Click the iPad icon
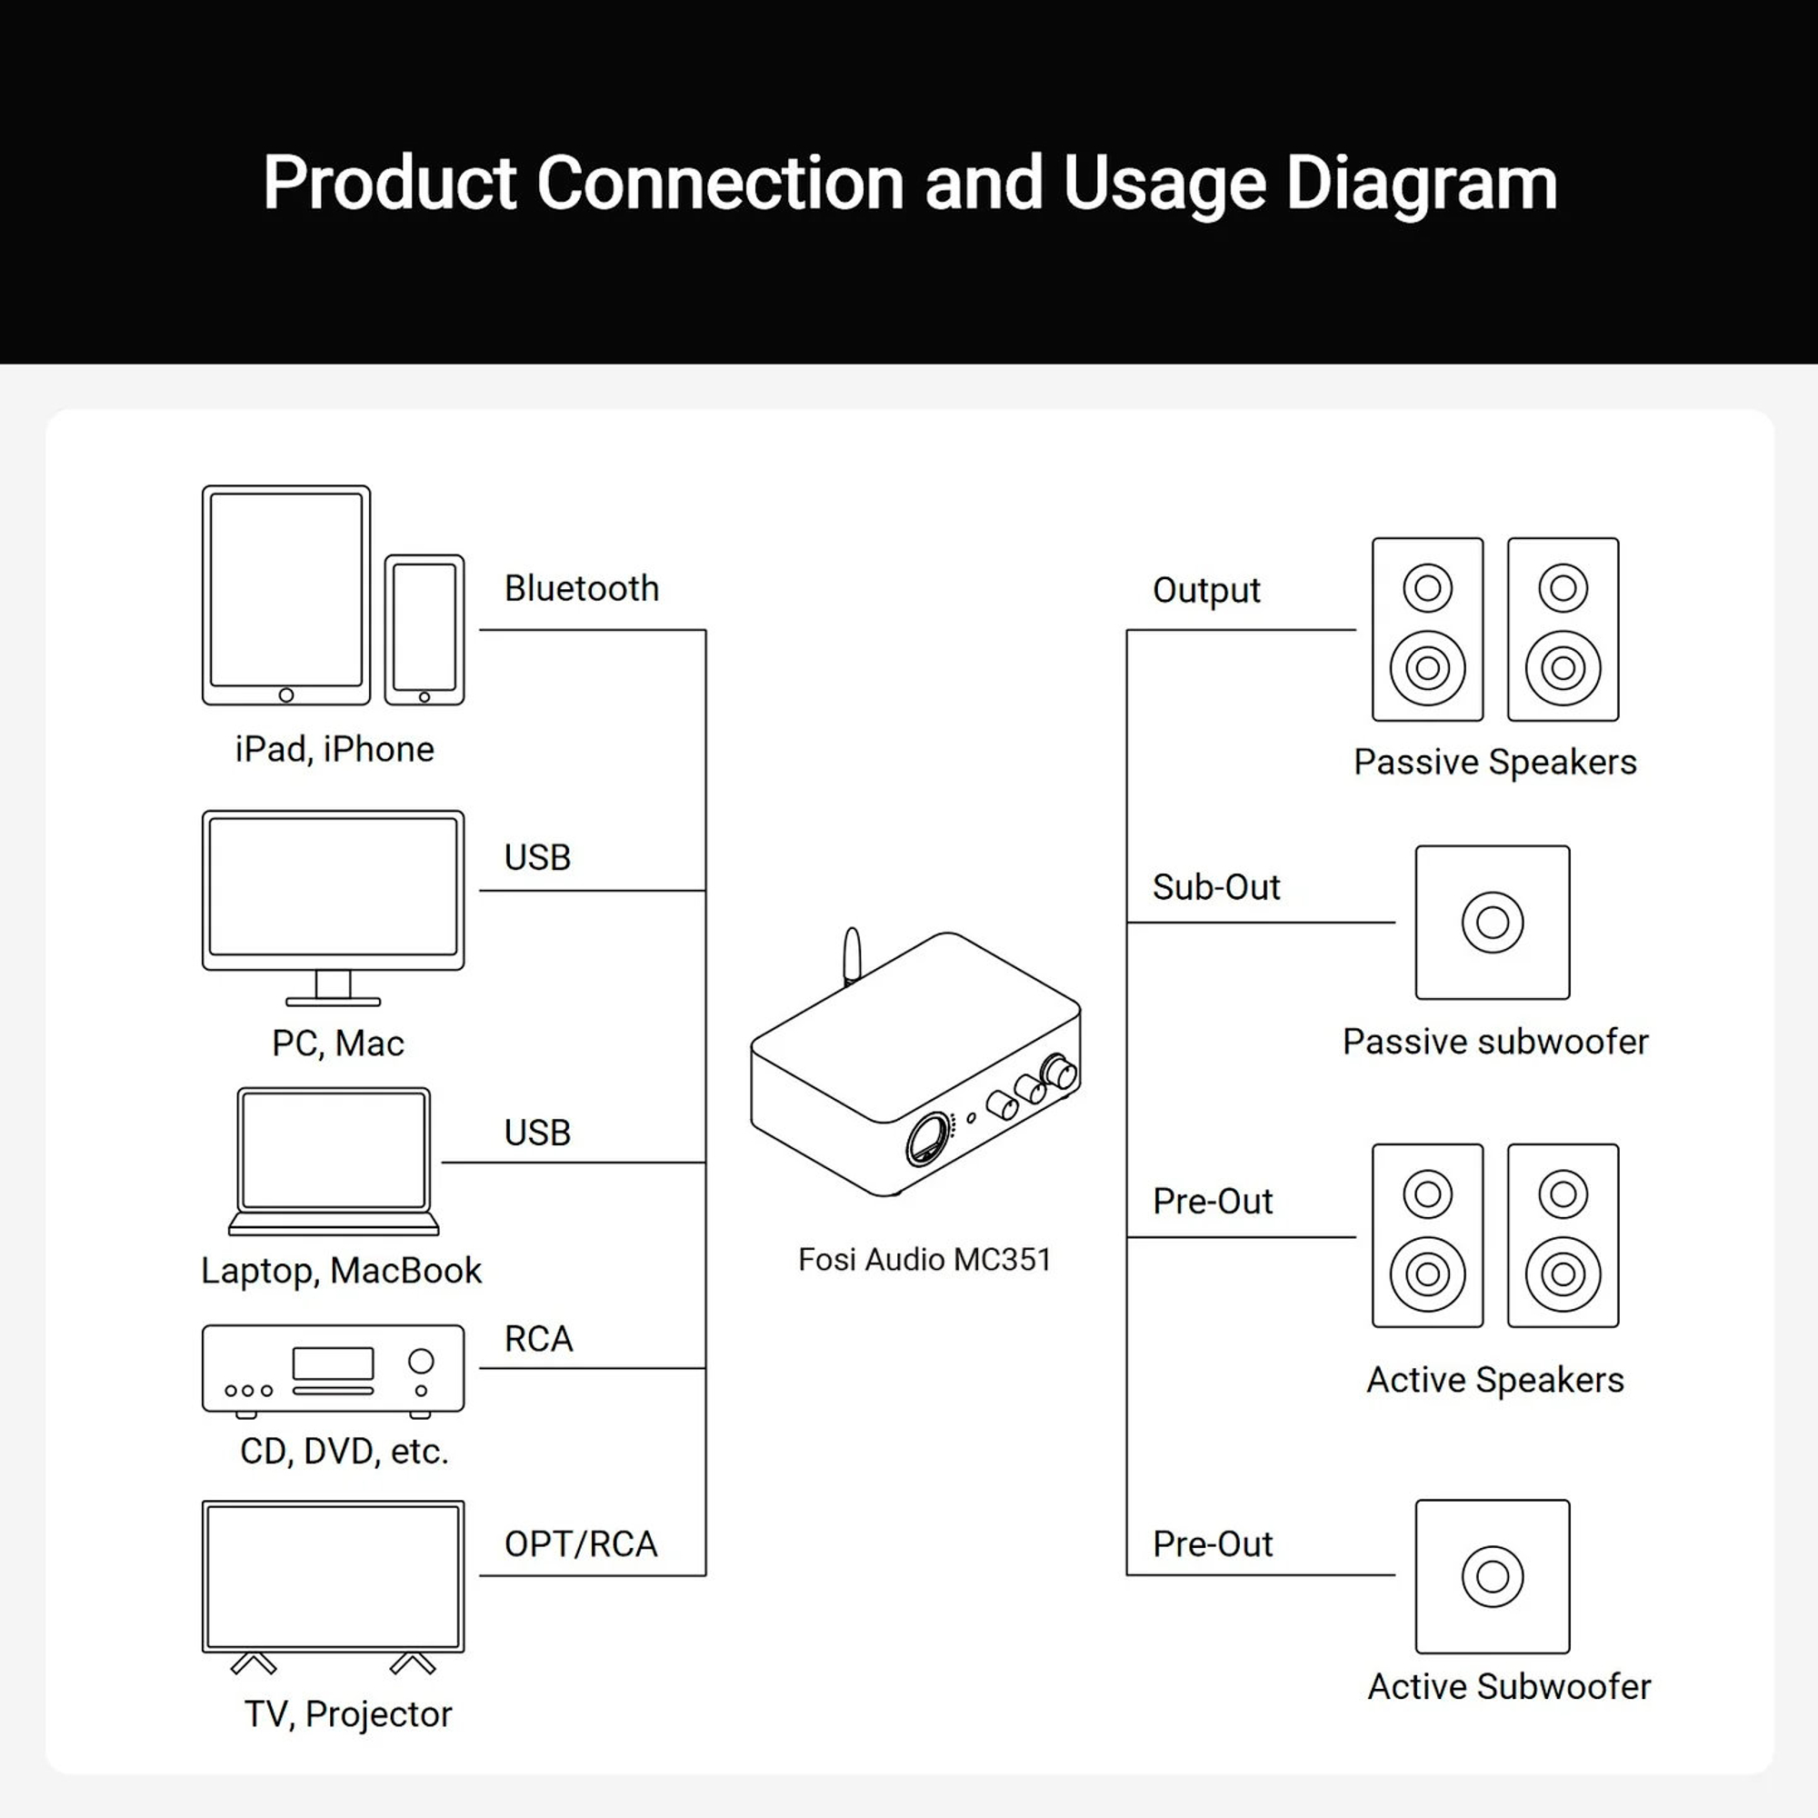pyautogui.click(x=286, y=594)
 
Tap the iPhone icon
pyautogui.click(x=425, y=629)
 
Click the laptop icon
pyautogui.click(x=334, y=1159)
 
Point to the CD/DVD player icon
pyautogui.click(x=333, y=1369)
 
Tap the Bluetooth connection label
pyautogui.click(x=582, y=589)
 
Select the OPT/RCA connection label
pyautogui.click(x=581, y=1544)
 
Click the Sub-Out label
pyautogui.click(x=1215, y=887)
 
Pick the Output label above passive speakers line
pyautogui.click(x=1206, y=591)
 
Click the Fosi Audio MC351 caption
pyautogui.click(x=924, y=1259)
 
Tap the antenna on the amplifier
pyautogui.click(x=852, y=956)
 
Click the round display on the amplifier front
pyautogui.click(x=929, y=1140)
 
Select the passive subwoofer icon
pyautogui.click(x=1493, y=922)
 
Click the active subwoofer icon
pyautogui.click(x=1493, y=1576)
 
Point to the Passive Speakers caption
pyautogui.click(x=1495, y=763)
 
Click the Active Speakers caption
pyautogui.click(x=1495, y=1381)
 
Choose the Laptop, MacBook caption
pyautogui.click(x=341, y=1272)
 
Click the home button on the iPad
pyautogui.click(x=286, y=695)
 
